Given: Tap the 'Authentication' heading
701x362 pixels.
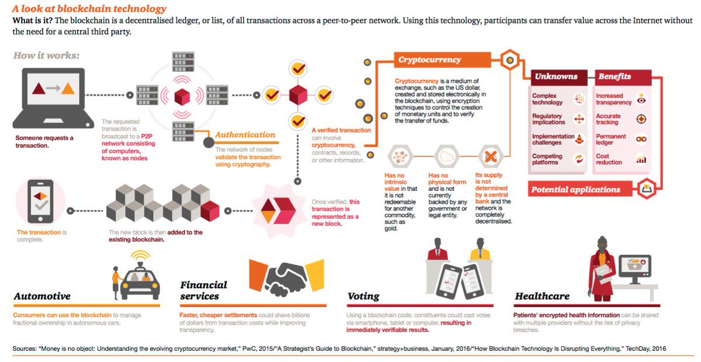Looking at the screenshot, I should tap(245, 135).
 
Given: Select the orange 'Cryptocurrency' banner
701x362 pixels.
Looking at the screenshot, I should tap(429, 60).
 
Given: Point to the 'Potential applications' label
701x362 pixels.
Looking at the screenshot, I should tap(575, 189).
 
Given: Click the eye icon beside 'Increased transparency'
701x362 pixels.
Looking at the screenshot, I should tap(641, 99).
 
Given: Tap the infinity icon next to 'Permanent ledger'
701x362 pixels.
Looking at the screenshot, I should tap(641, 139).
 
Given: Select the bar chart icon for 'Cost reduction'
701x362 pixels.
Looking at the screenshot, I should tap(641, 159).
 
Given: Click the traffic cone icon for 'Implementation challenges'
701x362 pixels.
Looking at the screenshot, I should tap(579, 139).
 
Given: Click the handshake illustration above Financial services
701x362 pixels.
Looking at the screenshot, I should tap(286, 274).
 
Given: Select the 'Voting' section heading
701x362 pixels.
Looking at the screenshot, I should tap(363, 297).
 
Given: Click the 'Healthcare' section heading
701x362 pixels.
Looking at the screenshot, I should tap(542, 297).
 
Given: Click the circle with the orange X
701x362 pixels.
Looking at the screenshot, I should tap(491, 156).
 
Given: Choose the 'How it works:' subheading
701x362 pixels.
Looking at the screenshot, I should tap(46, 56).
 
